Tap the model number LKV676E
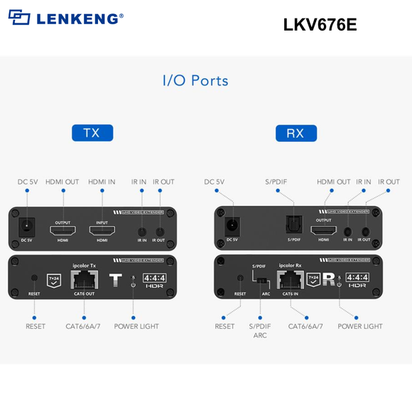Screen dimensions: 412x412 [320, 24]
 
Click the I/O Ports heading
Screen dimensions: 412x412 [195, 80]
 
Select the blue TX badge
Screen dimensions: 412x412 [92, 133]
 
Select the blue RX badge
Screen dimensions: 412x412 [295, 133]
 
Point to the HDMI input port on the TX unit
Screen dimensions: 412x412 [102, 230]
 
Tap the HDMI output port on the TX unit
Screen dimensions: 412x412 [63, 230]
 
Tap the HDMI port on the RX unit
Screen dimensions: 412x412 [324, 230]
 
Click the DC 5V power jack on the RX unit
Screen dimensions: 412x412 [231, 227]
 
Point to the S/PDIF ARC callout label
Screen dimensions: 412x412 [261, 331]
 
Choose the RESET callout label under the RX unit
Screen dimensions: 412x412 [224, 327]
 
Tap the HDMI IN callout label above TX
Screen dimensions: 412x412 [102, 182]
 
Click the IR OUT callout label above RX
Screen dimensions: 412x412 [388, 182]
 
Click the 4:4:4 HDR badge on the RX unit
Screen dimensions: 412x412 [357, 281]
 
